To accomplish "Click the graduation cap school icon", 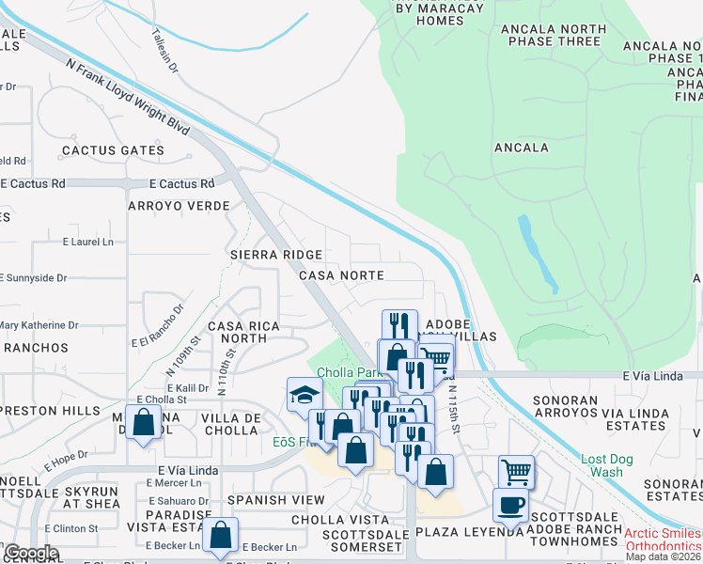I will click(x=305, y=394).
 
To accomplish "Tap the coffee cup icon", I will click(x=510, y=505).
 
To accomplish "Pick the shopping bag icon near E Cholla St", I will click(x=144, y=424).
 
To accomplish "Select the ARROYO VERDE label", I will click(x=179, y=205).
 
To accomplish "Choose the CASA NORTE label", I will click(x=341, y=275).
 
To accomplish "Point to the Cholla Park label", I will click(x=341, y=372).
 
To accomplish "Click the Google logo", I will click(x=30, y=553).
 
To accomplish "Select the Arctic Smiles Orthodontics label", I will click(x=662, y=539).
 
